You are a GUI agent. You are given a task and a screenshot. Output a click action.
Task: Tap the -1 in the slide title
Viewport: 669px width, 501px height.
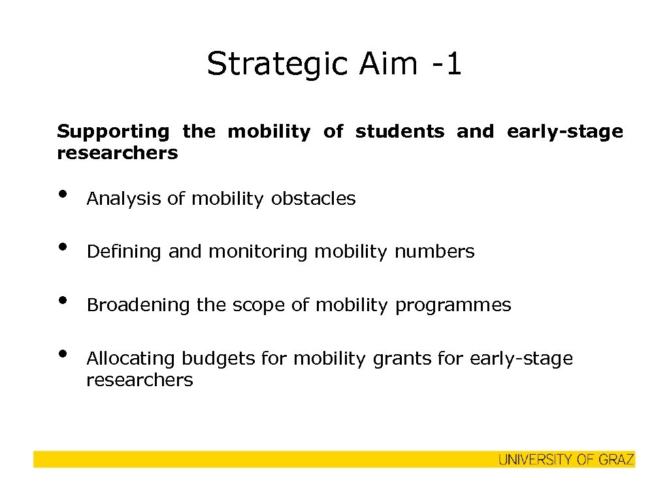pos(447,65)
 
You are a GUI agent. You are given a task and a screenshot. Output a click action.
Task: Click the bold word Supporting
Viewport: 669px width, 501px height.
pos(112,132)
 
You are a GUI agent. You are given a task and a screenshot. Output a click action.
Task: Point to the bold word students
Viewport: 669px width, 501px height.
pos(399,132)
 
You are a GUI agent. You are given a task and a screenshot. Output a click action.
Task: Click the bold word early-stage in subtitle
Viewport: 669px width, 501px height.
pos(564,132)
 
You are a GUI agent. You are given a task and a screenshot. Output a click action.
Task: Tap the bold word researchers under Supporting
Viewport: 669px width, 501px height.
pos(117,153)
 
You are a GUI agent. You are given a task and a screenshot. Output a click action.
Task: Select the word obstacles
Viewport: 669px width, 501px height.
pos(313,198)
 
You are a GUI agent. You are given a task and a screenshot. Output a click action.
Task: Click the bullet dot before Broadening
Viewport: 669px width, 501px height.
pos(62,300)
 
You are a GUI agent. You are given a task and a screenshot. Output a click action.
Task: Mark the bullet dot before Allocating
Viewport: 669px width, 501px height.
pos(62,354)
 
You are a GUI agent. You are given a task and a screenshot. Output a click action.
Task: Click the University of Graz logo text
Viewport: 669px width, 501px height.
pos(566,460)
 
